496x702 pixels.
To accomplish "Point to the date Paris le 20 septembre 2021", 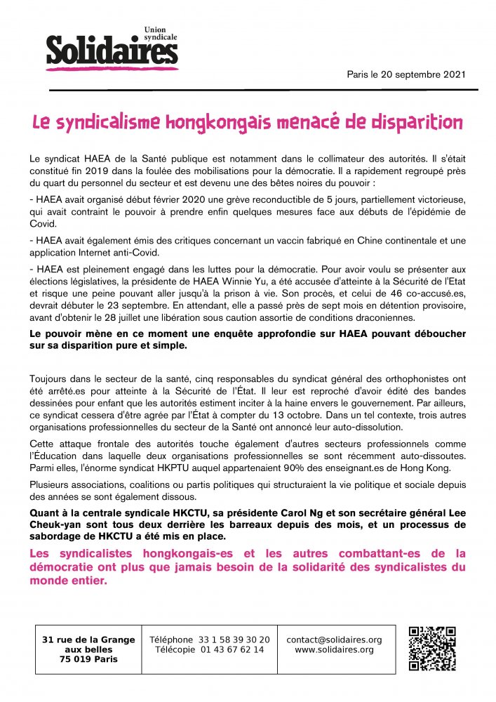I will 405,74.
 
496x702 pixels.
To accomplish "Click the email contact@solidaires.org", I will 334,640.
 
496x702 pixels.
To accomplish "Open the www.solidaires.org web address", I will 334,650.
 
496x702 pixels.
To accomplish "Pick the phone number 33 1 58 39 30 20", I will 234,640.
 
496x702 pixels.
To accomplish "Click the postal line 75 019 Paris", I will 88,659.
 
